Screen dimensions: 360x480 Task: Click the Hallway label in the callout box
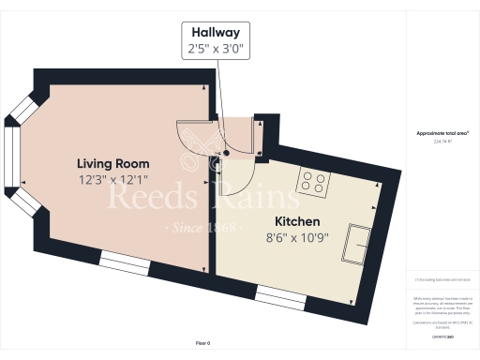(x=217, y=30)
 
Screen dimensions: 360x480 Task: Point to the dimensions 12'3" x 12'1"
(x=112, y=178)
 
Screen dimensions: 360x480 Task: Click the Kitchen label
(x=296, y=221)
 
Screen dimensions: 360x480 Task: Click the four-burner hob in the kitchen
(x=312, y=182)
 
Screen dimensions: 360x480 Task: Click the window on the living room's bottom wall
(x=125, y=263)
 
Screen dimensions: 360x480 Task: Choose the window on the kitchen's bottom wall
(x=280, y=298)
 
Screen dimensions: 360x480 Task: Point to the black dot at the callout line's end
(x=226, y=153)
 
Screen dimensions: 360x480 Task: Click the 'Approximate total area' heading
(x=442, y=133)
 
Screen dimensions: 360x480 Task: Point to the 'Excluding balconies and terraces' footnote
(x=442, y=279)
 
